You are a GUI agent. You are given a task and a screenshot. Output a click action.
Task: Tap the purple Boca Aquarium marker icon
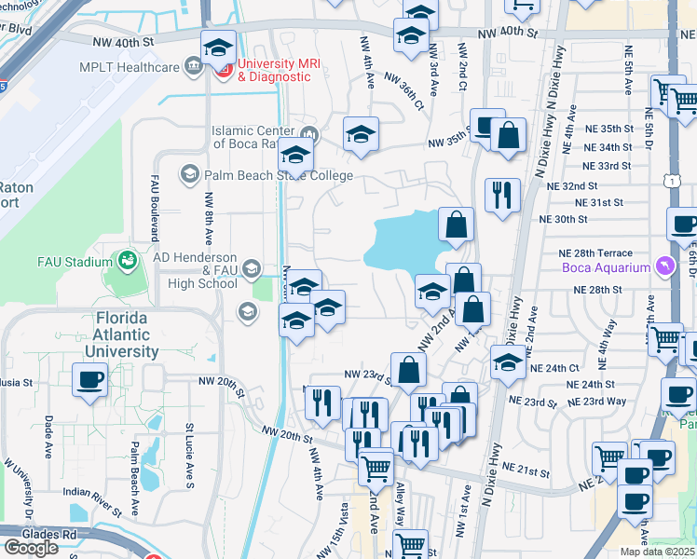pyautogui.click(x=663, y=267)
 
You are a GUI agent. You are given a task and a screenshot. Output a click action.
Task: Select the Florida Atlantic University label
pyautogui.click(x=127, y=335)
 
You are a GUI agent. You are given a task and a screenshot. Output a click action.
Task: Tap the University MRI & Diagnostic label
pyautogui.click(x=274, y=70)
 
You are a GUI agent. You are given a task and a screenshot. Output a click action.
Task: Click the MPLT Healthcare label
pyautogui.click(x=130, y=67)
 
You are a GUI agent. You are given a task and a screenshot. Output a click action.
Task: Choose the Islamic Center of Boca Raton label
pyautogui.click(x=254, y=138)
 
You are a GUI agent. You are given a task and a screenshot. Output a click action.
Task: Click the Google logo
pyautogui.click(x=31, y=548)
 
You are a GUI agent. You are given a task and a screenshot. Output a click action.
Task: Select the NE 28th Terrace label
pyautogui.click(x=594, y=253)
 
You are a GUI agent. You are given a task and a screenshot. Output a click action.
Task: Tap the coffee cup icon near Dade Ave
pyautogui.click(x=89, y=380)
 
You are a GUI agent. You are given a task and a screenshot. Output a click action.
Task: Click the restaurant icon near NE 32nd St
pyautogui.click(x=502, y=195)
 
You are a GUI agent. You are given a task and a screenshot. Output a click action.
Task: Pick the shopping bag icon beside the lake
pyautogui.click(x=456, y=225)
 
